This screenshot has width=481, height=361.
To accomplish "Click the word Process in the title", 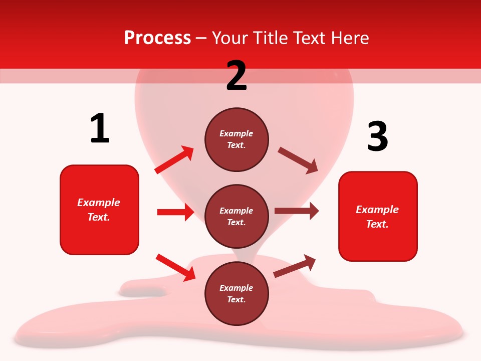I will point(157,38).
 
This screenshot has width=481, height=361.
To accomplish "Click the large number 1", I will point(100,129).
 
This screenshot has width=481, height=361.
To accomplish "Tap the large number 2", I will point(236,76).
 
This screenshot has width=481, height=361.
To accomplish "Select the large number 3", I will point(377,136).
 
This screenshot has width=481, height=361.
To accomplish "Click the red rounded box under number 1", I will point(99,210).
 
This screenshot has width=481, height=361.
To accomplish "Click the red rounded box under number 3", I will point(378,217).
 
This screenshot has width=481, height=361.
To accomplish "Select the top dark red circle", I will point(236,139).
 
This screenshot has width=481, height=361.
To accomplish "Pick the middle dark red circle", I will point(236,216).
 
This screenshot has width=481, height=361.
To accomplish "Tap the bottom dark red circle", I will point(236,293).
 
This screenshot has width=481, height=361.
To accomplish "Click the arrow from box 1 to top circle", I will point(174,160).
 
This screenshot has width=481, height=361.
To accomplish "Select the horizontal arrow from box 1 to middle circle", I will point(175,212).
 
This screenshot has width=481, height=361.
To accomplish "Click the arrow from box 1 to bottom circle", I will point(175,267).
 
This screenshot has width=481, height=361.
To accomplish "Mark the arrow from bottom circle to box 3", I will point(295,266).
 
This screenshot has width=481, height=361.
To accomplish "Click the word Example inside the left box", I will point(99,203).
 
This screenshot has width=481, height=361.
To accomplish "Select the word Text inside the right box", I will point(376,224).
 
